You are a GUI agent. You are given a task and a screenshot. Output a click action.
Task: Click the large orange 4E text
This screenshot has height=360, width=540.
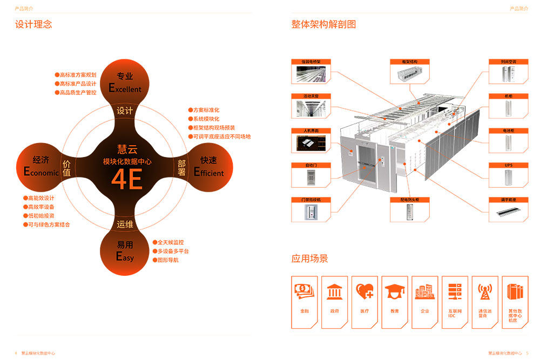pos(127,179)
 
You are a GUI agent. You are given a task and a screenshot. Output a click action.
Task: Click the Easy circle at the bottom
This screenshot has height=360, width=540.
pos(125,252)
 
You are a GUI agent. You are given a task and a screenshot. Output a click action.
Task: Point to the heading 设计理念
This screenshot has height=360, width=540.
pos(33,24)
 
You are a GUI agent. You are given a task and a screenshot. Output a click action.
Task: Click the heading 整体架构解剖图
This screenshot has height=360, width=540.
pos(323,24)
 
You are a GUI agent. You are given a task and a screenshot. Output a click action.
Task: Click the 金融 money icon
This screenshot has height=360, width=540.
pos(305,292)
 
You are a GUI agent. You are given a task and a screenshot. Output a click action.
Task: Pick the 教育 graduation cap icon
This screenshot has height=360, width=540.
pos(395,292)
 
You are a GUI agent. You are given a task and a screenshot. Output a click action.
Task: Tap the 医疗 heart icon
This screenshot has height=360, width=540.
pos(364,292)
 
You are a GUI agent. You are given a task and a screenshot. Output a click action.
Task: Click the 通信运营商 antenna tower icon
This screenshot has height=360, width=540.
pos(485,292)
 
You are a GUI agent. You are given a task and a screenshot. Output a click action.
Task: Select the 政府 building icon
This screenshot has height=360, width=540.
pos(335,292)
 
